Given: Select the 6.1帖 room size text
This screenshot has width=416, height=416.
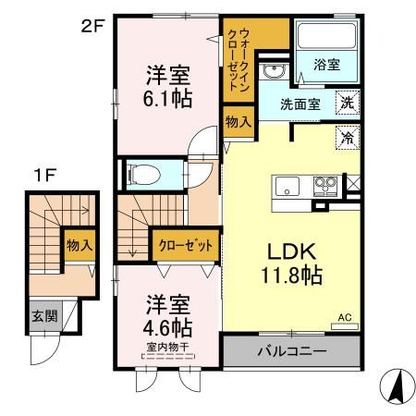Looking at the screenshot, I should click(167, 97).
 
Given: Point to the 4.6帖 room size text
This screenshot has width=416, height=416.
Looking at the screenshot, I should click(166, 328).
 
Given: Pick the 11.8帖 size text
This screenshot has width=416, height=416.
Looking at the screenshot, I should click(292, 275).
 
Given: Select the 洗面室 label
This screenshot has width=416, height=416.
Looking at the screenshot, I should click(300, 104).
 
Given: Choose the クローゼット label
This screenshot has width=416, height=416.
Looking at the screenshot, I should click(186, 246).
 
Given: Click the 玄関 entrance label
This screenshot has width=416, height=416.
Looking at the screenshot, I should click(43, 316).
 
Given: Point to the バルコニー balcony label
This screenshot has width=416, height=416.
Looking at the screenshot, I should click(291, 352).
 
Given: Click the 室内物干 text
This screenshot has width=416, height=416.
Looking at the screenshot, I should click(166, 349).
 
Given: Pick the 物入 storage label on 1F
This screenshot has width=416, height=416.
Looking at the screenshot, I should click(79, 245).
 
